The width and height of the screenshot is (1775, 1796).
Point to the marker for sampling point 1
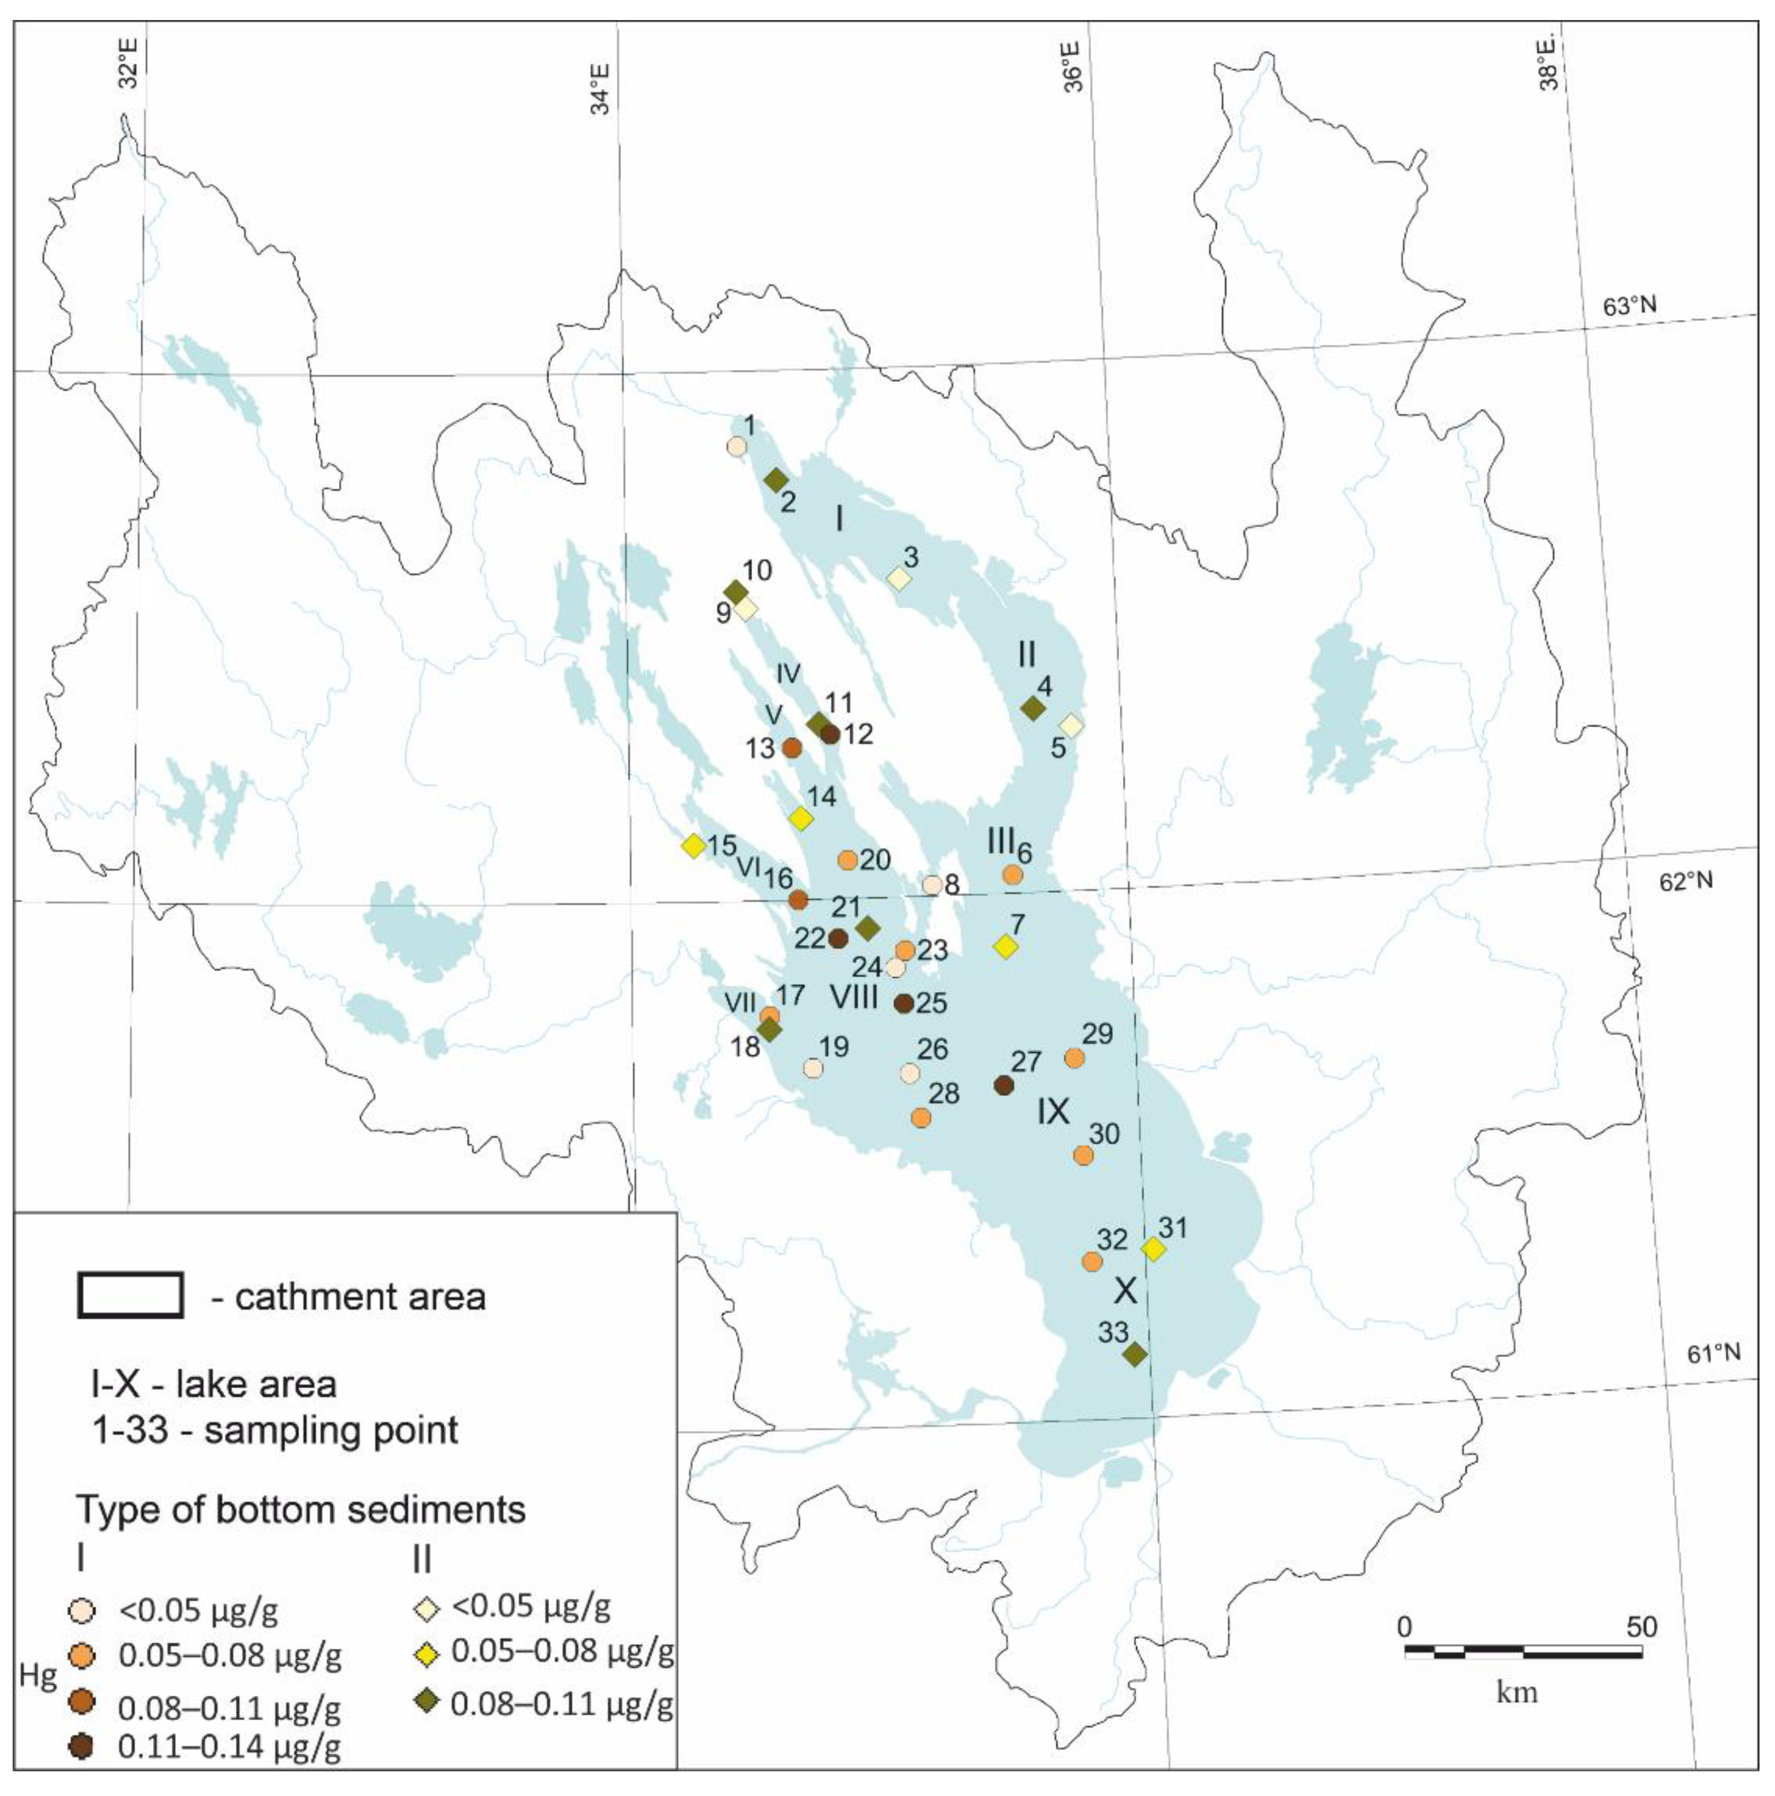point(736,446)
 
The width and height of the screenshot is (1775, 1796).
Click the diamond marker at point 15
point(693,845)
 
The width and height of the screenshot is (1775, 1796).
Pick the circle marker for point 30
point(1082,1154)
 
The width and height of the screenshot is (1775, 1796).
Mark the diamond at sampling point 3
point(898,578)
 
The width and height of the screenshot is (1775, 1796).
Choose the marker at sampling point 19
point(813,1068)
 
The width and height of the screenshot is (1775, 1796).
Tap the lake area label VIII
point(853,997)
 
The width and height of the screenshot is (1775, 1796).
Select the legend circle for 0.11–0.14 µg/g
point(83,1748)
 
